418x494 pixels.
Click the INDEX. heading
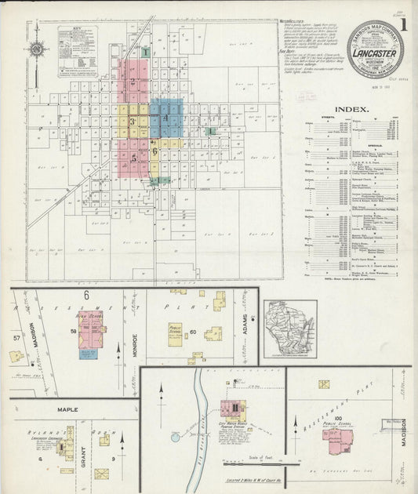[351, 109]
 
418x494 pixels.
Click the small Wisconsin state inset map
[289, 329]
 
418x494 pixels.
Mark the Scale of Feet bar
[249, 462]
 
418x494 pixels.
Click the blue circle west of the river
[175, 437]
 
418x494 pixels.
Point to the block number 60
[193, 332]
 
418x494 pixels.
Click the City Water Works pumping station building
[233, 410]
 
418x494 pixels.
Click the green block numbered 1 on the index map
[145, 52]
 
